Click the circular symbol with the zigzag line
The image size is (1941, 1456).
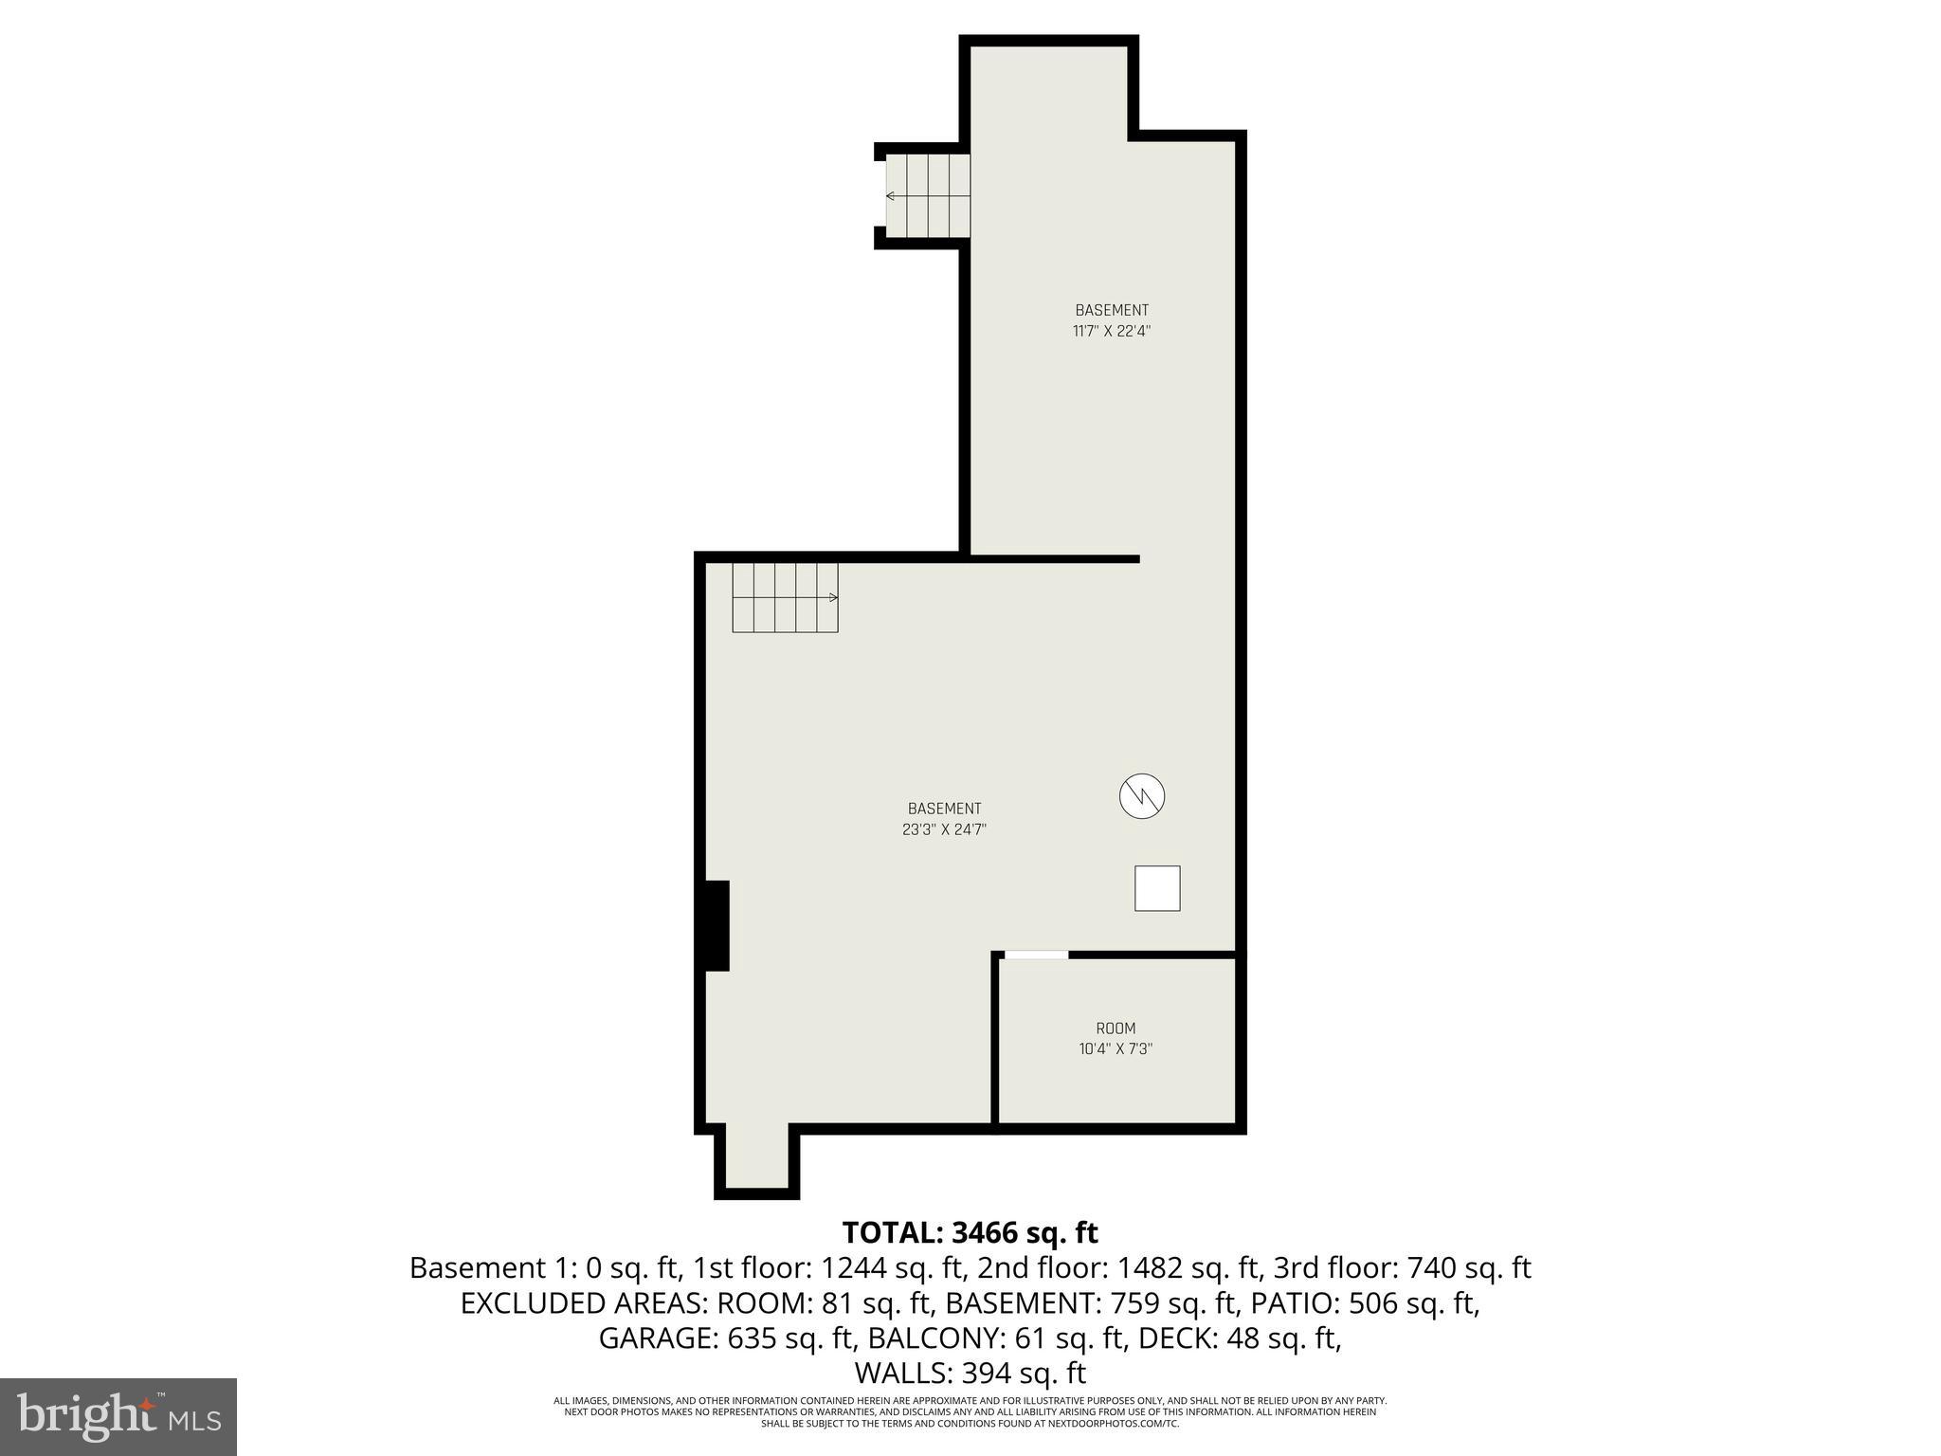[x=1142, y=796]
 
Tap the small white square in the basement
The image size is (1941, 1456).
[x=1157, y=888]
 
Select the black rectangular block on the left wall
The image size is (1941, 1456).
[x=716, y=926]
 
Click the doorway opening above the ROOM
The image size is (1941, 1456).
[x=1036, y=955]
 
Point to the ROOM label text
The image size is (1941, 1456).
[x=1116, y=1028]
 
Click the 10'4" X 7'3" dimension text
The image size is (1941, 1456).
[x=1116, y=1049]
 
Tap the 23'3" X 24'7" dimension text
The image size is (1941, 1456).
[x=944, y=829]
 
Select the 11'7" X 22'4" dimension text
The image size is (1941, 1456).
[x=1112, y=331]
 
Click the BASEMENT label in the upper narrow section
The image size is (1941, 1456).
[x=1112, y=310]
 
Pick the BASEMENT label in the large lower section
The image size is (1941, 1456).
[x=944, y=809]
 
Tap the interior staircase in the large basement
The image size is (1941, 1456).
[x=785, y=597]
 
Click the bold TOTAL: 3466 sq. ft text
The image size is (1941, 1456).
[x=970, y=1232]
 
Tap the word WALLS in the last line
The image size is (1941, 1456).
[x=903, y=1373]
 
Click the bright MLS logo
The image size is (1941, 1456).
[x=118, y=1417]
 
